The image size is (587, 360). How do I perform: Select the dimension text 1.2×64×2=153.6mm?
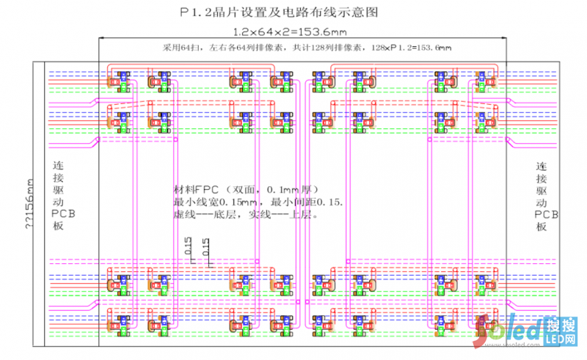[x=289, y=32]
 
